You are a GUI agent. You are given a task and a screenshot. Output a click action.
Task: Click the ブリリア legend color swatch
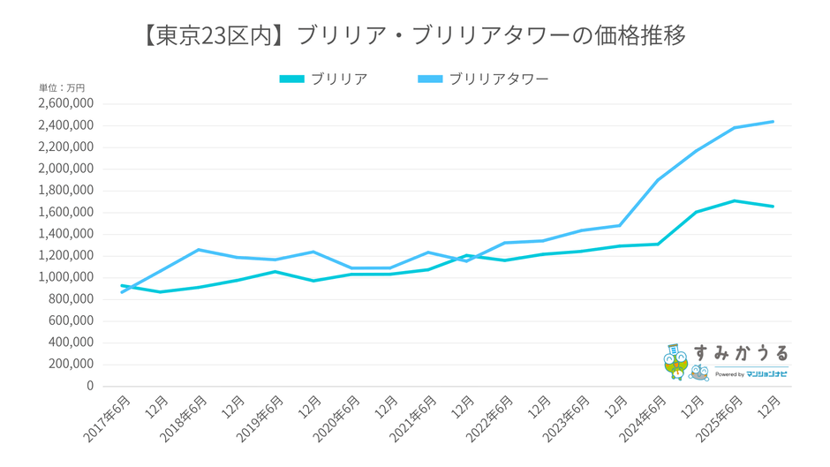pyautogui.click(x=291, y=79)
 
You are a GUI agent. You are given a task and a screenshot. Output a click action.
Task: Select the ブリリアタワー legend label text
pyautogui.click(x=499, y=79)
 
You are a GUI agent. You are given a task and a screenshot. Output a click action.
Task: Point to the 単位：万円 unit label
pyautogui.click(x=62, y=88)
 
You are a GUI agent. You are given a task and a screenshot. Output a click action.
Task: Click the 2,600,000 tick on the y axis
pyautogui.click(x=65, y=103)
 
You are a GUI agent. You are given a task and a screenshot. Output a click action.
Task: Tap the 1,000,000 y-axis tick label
pyautogui.click(x=65, y=277)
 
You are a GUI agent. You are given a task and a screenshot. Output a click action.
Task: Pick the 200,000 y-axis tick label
pyautogui.click(x=71, y=364)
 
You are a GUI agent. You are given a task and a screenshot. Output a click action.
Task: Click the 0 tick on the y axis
pyautogui.click(x=88, y=386)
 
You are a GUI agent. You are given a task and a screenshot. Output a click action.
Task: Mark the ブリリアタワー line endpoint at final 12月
pyautogui.click(x=773, y=122)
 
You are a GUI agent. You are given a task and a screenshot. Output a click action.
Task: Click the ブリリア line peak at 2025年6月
pyautogui.click(x=735, y=200)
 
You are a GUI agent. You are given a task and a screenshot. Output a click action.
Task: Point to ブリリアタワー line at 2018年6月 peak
pyautogui.click(x=199, y=250)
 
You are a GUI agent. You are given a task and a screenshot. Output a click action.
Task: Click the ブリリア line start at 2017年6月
pyautogui.click(x=122, y=285)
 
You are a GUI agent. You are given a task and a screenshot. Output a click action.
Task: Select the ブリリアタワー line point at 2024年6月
pyautogui.click(x=658, y=180)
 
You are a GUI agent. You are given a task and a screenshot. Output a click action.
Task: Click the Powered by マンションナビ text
pyautogui.click(x=751, y=374)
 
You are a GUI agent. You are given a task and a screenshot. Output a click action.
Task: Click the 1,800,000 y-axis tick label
pyautogui.click(x=65, y=191)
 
